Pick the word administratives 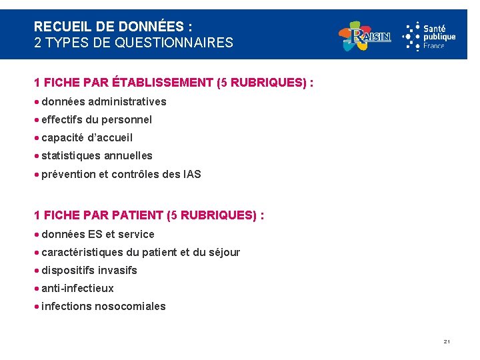(x=127, y=102)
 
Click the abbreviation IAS (x=191, y=174)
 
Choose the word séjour (x=224, y=253)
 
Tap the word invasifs (x=117, y=271)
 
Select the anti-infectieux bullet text (x=77, y=289)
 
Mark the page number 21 (x=447, y=342)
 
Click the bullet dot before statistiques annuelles (x=37, y=156)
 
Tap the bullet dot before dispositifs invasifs (x=37, y=271)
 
